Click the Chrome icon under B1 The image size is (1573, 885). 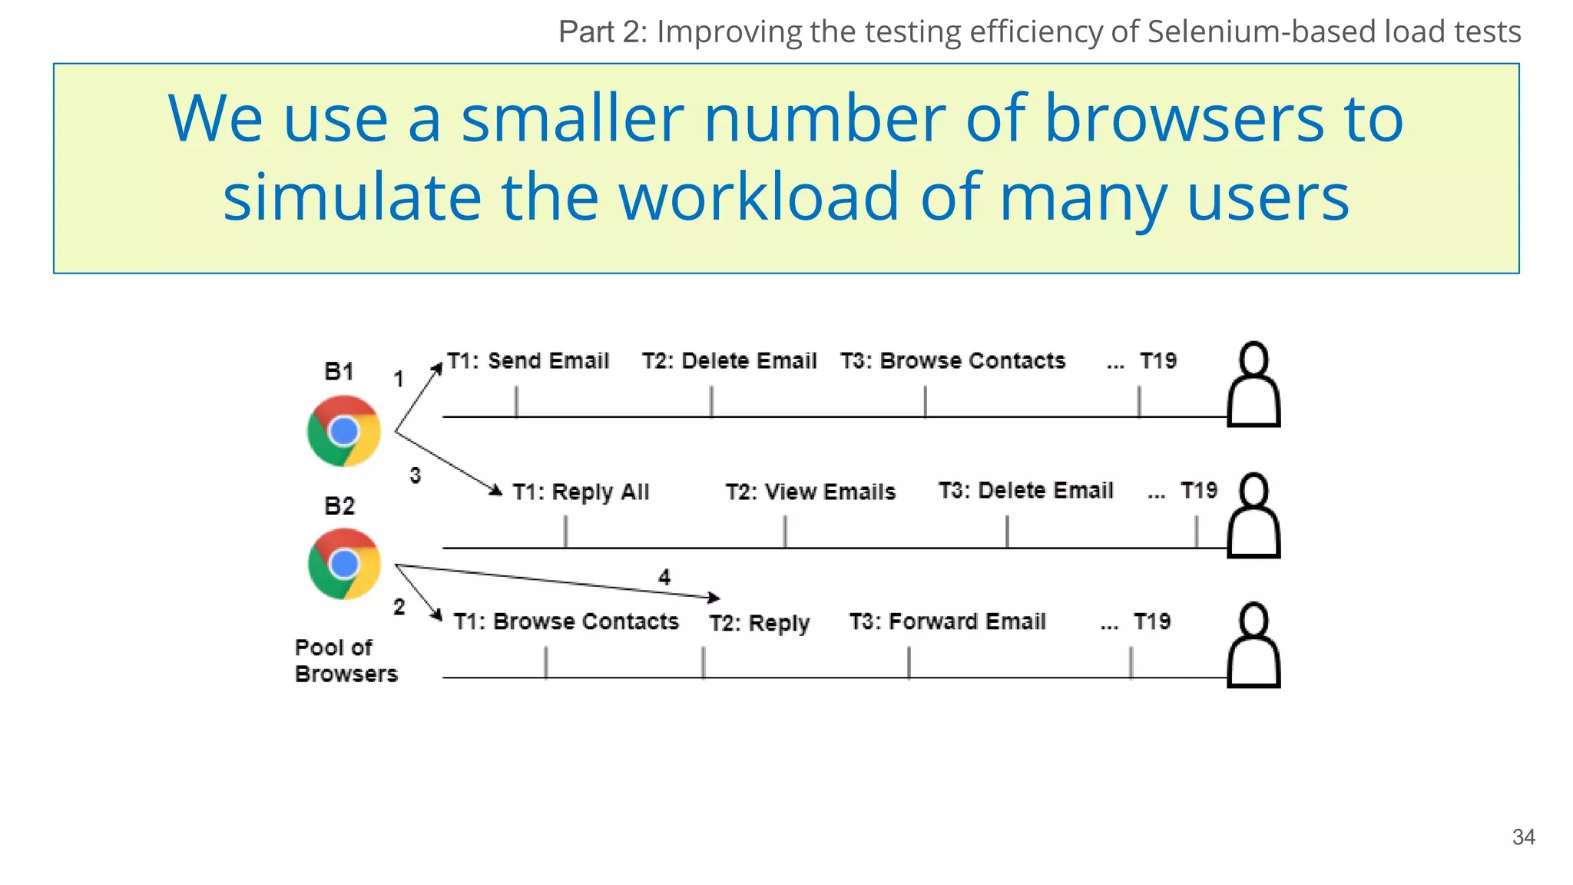[x=343, y=431]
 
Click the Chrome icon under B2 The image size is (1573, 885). [x=343, y=564]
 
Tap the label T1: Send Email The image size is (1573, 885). [x=528, y=360]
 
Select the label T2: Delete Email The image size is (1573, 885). [x=729, y=360]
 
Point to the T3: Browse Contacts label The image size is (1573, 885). [x=952, y=360]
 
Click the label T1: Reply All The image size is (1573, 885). [x=581, y=492]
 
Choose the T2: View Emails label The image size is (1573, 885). [x=810, y=492]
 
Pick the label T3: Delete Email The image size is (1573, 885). [x=1025, y=490]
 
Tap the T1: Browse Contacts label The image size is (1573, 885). [x=566, y=621]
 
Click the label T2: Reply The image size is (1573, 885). [x=759, y=623]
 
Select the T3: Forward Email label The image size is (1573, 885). [x=947, y=621]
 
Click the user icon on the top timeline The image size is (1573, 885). [x=1253, y=384]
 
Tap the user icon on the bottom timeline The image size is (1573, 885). [x=1253, y=645]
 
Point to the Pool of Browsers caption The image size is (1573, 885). [x=346, y=661]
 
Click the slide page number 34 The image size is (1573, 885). [x=1523, y=837]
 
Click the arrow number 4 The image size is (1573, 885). [x=664, y=577]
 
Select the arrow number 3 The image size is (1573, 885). [x=415, y=476]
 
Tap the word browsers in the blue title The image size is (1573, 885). [x=1184, y=119]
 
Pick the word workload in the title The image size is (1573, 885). [x=758, y=197]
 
